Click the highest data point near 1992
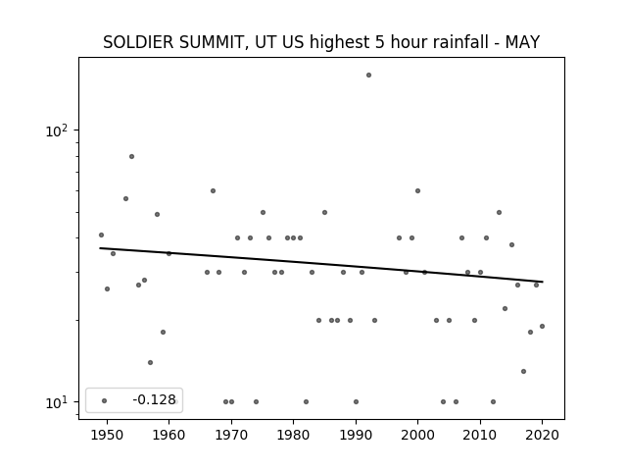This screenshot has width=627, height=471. click(368, 76)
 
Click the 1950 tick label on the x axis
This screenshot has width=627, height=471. click(107, 435)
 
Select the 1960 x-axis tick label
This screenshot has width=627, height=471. click(169, 435)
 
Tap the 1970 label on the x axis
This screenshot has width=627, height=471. click(231, 435)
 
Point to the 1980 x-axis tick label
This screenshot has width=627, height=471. click(294, 435)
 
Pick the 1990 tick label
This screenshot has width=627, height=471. click(356, 435)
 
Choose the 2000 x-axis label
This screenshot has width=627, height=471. click(418, 435)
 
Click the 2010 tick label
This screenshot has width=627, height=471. click(480, 435)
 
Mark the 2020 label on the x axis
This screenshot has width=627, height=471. click(542, 435)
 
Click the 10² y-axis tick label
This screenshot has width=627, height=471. click(57, 131)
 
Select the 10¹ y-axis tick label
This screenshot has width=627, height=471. click(57, 402)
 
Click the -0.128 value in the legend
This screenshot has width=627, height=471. click(155, 399)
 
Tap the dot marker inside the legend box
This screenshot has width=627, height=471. click(105, 400)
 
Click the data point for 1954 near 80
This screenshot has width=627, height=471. click(131, 157)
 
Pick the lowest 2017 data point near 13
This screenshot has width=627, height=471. click(523, 372)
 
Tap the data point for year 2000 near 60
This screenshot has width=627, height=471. click(418, 191)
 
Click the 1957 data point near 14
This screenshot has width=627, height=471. click(150, 363)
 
